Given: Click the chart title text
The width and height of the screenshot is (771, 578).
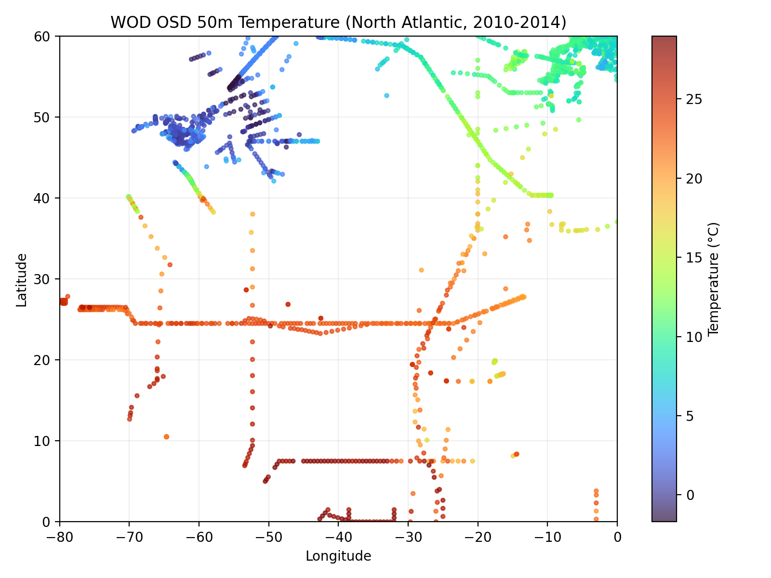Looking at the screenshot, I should (338, 22).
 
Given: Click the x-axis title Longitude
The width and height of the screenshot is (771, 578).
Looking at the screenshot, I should (338, 556).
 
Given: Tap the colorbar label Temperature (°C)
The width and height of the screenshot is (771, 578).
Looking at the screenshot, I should (714, 278).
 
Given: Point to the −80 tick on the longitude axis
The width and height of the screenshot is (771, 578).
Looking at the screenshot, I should (60, 537).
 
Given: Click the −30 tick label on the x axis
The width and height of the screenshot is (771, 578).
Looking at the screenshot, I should (408, 537).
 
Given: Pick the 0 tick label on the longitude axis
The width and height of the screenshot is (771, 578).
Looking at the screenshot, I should (617, 537).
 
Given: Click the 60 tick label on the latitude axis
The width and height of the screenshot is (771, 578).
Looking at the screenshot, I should (46, 36).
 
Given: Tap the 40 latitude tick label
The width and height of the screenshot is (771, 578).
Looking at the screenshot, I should (46, 198).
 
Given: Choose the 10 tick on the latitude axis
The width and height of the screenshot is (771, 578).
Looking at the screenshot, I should (46, 441).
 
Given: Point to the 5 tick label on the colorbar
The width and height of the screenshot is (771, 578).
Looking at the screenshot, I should (688, 416).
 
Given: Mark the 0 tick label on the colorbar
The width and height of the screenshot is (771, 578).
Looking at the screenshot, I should (688, 495).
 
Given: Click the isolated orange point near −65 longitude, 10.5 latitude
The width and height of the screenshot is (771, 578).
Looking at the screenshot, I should (166, 436).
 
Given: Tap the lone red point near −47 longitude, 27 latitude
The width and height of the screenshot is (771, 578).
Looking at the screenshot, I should (288, 304).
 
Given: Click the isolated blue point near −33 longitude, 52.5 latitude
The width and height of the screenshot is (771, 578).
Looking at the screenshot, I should (386, 95).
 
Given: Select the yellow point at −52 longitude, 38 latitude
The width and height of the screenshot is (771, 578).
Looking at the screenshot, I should (252, 214).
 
